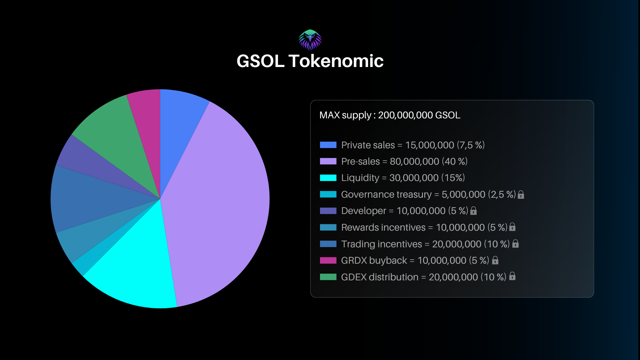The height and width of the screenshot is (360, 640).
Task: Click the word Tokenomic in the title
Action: [336, 61]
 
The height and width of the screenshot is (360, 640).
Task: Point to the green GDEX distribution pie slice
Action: [113, 137]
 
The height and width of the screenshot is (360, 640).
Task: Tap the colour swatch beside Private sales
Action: [328, 145]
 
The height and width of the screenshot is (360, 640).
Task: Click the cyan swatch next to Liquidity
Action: [328, 178]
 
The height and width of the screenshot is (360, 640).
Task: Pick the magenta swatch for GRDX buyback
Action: [328, 260]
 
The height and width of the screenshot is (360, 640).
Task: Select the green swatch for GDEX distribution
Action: [328, 277]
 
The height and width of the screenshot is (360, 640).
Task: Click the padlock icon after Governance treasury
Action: [521, 195]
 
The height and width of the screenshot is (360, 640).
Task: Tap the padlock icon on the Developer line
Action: [473, 211]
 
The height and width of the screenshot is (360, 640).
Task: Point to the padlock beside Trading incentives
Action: [515, 244]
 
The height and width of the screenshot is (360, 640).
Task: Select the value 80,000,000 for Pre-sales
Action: [414, 162]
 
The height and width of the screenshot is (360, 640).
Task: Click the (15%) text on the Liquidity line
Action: [453, 178]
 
